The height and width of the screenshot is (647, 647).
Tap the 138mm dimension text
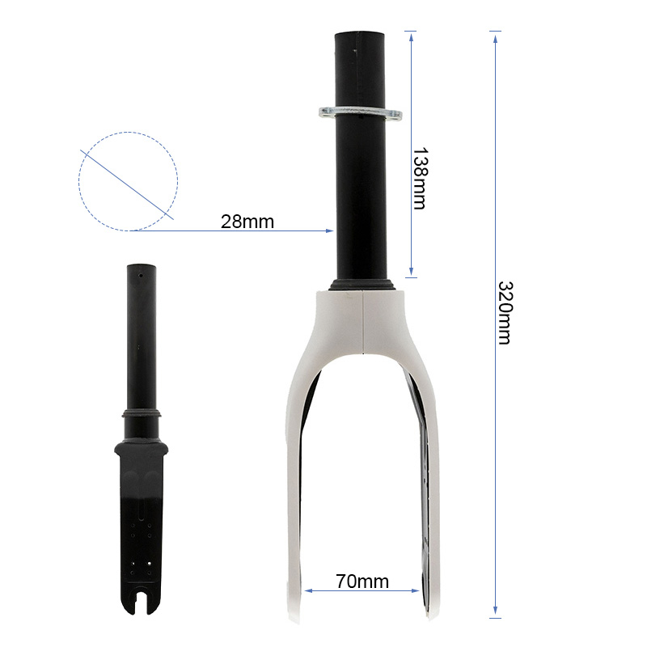(x=419, y=178)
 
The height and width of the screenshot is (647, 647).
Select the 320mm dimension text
(x=503, y=312)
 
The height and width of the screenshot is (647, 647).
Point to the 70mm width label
(x=362, y=581)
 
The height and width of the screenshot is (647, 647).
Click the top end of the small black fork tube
(x=142, y=268)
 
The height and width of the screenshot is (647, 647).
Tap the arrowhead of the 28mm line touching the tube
(x=330, y=230)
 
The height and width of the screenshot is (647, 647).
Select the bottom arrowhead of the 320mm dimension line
(x=496, y=612)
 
